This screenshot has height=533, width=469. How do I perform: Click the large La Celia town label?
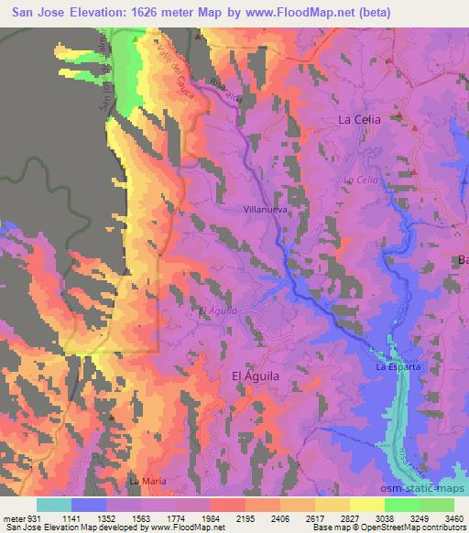coord(359,120)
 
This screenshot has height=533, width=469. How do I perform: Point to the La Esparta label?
coord(398,367)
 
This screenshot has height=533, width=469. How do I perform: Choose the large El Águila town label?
coord(252,375)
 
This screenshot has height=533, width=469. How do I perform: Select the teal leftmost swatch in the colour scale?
coord(54,506)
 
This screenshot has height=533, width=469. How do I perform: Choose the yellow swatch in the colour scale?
coord(367,506)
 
